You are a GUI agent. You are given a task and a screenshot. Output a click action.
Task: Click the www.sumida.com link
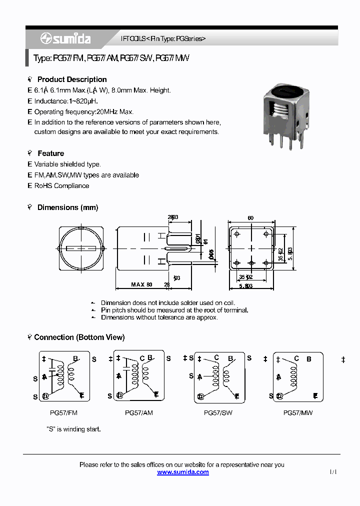(x=183, y=472)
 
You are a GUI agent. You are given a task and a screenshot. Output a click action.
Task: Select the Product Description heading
(x=72, y=79)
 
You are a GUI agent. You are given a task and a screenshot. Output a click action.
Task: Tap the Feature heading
(x=50, y=153)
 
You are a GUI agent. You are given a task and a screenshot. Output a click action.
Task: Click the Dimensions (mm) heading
(x=67, y=207)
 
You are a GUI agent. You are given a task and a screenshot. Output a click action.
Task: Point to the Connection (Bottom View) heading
(x=79, y=337)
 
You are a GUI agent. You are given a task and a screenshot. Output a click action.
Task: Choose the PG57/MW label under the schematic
(x=297, y=413)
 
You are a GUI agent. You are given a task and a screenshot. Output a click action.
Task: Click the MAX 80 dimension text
(x=141, y=284)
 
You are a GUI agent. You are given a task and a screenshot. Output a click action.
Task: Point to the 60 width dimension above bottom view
(x=250, y=218)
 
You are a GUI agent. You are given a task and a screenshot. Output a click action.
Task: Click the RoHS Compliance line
(x=61, y=186)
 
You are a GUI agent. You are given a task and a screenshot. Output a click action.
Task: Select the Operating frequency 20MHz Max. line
(x=83, y=112)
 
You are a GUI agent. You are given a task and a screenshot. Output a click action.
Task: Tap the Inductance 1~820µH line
(x=65, y=101)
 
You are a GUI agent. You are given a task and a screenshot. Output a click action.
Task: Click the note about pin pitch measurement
(x=174, y=310)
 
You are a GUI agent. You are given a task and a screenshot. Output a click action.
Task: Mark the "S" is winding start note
(x=73, y=429)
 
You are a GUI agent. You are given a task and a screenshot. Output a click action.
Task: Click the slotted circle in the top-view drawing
(x=81, y=248)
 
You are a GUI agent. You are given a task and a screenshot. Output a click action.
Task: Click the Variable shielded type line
(x=67, y=164)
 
